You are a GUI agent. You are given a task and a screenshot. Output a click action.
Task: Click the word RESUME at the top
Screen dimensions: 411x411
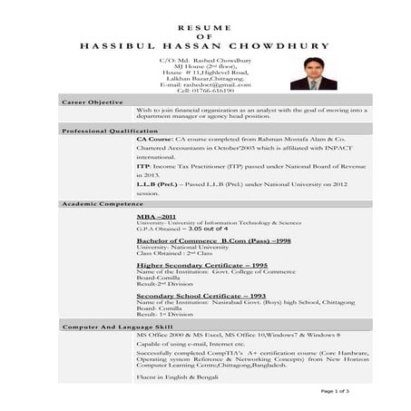204,28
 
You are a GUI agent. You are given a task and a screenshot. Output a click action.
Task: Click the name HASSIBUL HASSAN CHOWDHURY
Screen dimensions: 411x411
204,45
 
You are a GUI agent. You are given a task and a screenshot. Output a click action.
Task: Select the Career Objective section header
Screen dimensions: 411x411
93,103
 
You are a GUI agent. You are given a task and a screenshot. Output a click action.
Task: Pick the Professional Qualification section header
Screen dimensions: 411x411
109,132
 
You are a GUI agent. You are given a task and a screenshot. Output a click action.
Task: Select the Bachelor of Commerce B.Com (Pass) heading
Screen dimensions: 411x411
213,240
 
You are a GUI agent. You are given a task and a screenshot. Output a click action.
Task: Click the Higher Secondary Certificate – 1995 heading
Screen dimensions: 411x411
201,264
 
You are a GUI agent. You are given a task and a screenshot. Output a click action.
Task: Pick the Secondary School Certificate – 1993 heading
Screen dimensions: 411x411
201,295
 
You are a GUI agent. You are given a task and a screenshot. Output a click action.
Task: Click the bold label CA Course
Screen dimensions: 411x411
156,141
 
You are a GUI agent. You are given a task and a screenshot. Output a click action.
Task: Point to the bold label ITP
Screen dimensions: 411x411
143,166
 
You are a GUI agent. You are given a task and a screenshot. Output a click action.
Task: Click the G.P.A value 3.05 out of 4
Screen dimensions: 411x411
202,230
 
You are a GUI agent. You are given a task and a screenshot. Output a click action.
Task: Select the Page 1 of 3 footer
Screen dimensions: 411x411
336,390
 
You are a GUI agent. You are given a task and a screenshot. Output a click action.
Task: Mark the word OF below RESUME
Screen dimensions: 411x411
204,36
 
